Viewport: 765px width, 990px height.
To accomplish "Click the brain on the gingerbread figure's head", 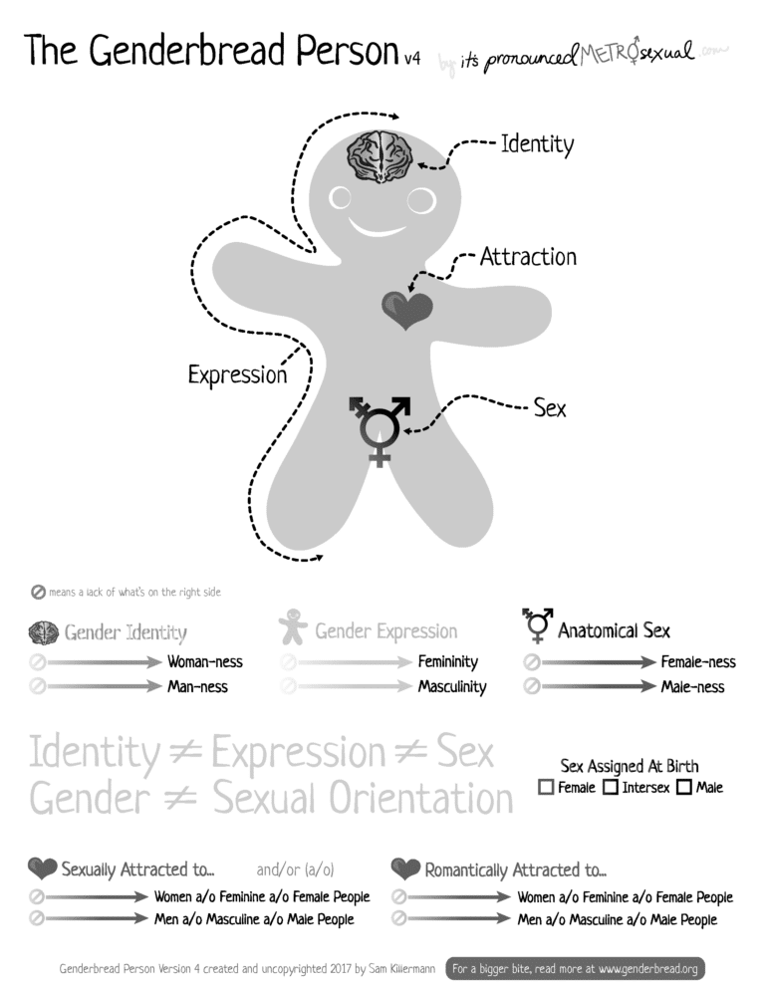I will pyautogui.click(x=380, y=157).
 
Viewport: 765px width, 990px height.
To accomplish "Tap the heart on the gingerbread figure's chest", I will pyautogui.click(x=407, y=311).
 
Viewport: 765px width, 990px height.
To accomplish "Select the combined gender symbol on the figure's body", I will pyautogui.click(x=380, y=429).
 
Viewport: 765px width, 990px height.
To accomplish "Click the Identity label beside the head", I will pyautogui.click(x=537, y=144).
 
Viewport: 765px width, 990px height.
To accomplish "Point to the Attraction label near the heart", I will pyautogui.click(x=528, y=257).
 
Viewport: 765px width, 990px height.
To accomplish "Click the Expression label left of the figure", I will pyautogui.click(x=237, y=375).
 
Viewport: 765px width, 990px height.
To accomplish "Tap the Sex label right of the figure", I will pyautogui.click(x=550, y=407).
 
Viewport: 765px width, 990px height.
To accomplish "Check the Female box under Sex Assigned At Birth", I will pyautogui.click(x=546, y=788).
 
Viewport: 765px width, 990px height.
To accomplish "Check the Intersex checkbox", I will pyautogui.click(x=611, y=788).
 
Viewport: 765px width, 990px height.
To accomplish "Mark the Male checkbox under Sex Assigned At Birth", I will pyautogui.click(x=684, y=788).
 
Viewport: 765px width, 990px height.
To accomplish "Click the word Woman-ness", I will pyautogui.click(x=204, y=661).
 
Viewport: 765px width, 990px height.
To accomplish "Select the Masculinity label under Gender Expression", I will pyautogui.click(x=452, y=686).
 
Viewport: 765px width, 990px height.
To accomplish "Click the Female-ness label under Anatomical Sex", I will pyautogui.click(x=698, y=661).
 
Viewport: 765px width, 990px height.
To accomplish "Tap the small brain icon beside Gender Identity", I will pyautogui.click(x=44, y=631).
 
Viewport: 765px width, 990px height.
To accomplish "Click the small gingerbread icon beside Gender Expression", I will pyautogui.click(x=293, y=627).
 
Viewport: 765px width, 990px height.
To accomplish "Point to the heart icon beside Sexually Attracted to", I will pyautogui.click(x=43, y=868).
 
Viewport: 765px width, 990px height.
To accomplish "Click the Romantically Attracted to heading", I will pyautogui.click(x=515, y=869).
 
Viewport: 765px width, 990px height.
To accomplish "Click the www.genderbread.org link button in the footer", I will pyautogui.click(x=575, y=967).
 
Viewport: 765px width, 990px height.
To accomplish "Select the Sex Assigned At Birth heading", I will pyautogui.click(x=630, y=766).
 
